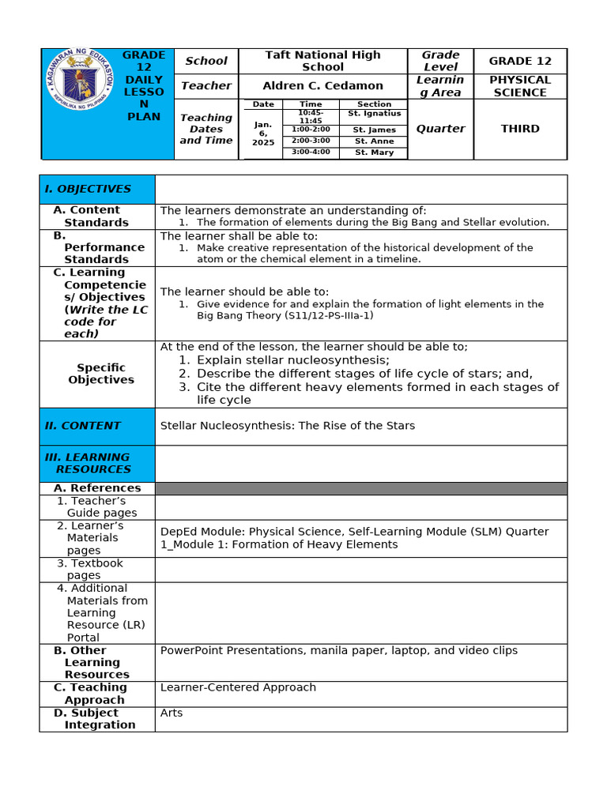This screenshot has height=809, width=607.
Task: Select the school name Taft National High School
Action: pos(322,61)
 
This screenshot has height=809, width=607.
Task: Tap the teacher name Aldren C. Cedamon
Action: pos(322,85)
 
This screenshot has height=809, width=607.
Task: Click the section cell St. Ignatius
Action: pos(374,114)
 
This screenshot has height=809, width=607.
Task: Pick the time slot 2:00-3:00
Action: pos(311,141)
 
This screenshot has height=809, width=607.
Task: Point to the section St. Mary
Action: pos(374,152)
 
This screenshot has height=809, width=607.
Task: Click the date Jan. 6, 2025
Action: pos(263,133)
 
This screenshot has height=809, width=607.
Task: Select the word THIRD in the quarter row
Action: pos(519,129)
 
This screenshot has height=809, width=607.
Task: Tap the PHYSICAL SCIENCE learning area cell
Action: pos(519,86)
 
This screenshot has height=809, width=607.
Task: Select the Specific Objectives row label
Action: pos(101,374)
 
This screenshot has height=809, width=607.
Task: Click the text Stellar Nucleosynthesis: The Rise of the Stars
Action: pos(288,426)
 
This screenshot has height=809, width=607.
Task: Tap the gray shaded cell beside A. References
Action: pos(361,488)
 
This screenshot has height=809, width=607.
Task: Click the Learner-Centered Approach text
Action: pos(238,687)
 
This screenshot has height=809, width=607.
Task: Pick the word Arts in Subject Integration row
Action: pos(172,713)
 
